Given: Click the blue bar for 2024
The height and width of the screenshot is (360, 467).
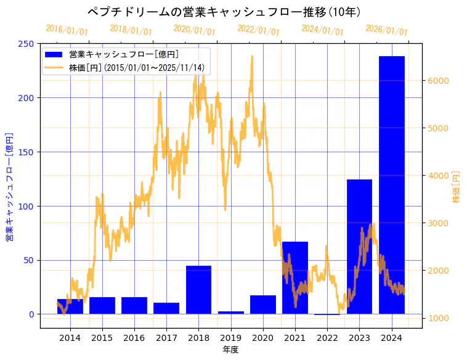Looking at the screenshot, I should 391,185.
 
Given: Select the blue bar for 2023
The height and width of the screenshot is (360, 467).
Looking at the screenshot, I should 359,247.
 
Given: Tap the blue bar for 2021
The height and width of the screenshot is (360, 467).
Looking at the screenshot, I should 295,277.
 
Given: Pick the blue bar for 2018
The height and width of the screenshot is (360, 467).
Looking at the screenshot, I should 198,290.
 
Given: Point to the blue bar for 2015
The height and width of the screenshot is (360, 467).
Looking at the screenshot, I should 102,305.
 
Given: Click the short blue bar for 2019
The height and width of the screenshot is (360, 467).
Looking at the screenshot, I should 231,313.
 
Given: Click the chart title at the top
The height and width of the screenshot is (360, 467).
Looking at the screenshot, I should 224,12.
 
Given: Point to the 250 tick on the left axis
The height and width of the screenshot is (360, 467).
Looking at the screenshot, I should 26,44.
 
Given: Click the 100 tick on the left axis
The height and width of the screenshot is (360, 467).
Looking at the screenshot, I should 26,206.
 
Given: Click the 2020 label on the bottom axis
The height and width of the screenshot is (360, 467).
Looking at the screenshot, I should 263,337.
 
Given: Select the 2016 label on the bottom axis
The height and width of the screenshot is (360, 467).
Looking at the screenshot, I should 134,337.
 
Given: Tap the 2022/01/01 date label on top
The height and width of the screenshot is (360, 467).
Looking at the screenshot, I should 258,30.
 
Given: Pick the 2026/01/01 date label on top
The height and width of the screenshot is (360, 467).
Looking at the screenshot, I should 386,30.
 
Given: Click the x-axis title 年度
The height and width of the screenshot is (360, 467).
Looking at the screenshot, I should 230,350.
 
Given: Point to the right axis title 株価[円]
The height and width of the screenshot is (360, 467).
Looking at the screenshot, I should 457,187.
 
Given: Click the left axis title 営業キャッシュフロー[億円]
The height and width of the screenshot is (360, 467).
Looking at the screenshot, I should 9,187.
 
